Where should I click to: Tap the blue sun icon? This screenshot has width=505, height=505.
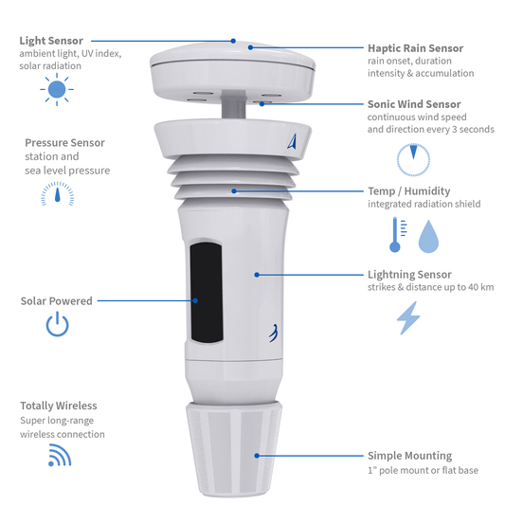click(56, 90)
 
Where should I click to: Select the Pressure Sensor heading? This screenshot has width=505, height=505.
click(64, 142)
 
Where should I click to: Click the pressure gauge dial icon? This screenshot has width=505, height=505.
click(57, 194)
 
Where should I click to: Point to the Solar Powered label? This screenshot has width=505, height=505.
click(57, 301)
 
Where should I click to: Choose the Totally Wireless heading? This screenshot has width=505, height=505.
click(59, 406)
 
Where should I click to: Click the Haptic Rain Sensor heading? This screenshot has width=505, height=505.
click(415, 47)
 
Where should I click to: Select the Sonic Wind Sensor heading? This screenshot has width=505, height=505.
click(414, 104)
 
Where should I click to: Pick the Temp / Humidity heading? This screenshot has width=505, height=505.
click(407, 191)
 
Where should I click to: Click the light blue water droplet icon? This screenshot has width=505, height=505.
click(429, 236)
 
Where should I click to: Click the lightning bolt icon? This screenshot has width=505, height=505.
click(408, 318)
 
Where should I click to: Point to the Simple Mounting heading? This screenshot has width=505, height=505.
click(409, 456)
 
